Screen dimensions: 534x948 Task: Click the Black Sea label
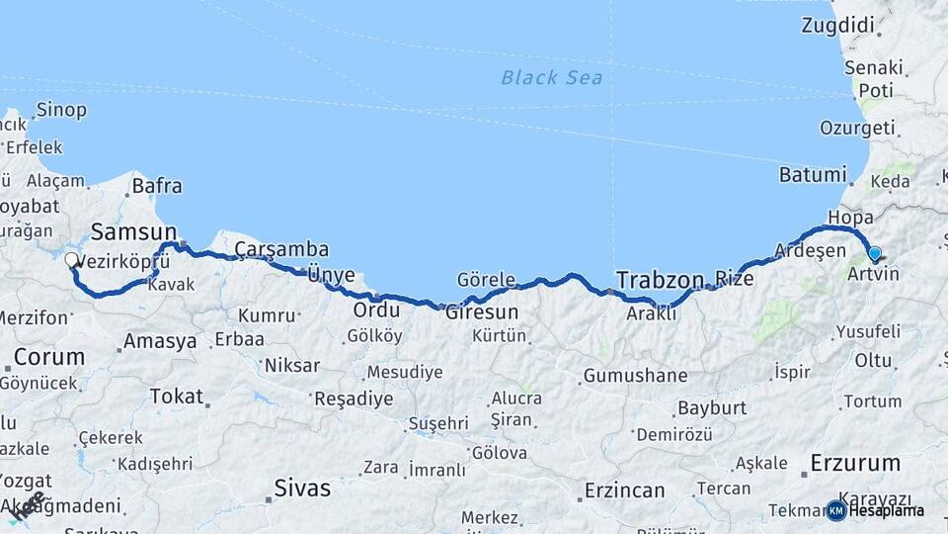[552, 78]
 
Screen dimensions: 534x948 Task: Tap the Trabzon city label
[660, 279]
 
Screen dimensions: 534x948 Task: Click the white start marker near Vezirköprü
[71, 261]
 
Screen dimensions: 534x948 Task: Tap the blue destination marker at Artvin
[873, 254]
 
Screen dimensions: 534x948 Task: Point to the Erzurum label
[855, 462]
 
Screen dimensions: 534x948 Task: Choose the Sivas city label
[302, 488]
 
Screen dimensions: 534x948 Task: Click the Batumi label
[814, 175]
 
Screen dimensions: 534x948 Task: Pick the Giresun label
[482, 311]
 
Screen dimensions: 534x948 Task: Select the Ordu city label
[376, 310]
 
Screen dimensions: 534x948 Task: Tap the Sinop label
[61, 110]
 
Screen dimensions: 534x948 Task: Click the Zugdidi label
[839, 25]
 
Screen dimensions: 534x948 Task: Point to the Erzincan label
[624, 490]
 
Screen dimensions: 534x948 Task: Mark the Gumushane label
[635, 376]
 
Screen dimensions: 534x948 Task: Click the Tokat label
[176, 397]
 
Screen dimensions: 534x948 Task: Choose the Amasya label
[158, 342]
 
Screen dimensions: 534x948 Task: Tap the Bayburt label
[710, 408]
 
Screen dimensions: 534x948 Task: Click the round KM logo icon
[835, 510]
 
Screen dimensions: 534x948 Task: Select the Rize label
[734, 279]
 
